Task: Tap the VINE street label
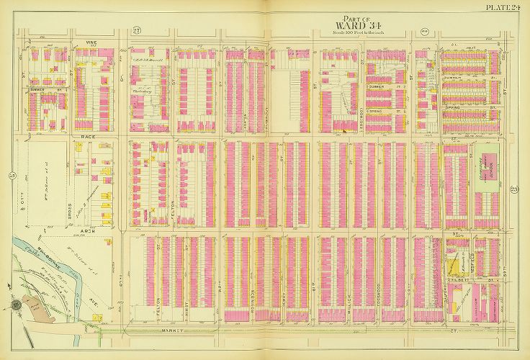click(91, 42)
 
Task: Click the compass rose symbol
click(15, 305)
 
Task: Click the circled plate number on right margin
click(518, 189)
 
